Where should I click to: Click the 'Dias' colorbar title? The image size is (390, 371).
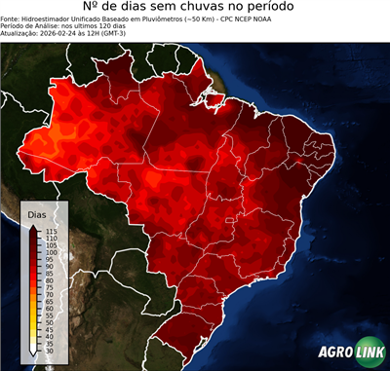coord(36,213)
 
